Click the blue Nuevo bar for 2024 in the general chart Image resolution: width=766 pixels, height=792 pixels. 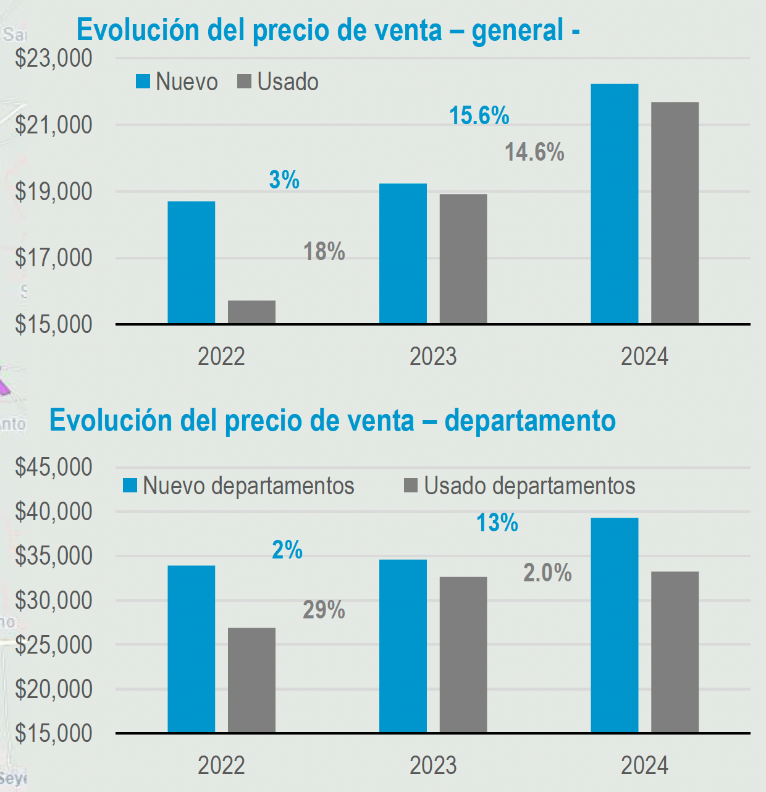pos(614,204)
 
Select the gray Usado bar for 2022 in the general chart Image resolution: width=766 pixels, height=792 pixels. pos(251,312)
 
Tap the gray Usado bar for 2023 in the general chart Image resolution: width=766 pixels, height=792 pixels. pos(463,259)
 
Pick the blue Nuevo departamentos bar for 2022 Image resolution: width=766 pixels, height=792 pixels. pos(192,649)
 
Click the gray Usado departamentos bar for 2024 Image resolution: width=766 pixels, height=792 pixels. pos(675,652)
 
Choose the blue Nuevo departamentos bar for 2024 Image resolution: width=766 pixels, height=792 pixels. pos(614,625)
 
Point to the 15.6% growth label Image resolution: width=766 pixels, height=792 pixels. pos(479,116)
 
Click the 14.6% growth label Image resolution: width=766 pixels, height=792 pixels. pos(534,152)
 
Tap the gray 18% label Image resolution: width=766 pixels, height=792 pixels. pos(324,251)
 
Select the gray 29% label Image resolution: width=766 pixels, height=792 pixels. pos(324,610)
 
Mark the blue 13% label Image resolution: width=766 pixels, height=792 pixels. pos(497,523)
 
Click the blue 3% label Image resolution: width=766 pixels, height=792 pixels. pos(284,180)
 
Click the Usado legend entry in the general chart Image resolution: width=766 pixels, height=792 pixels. pos(279,82)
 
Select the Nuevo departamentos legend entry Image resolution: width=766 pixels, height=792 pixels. pos(239,486)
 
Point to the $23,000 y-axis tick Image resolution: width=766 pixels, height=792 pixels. pos(54,58)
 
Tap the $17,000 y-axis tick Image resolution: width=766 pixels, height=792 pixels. pos(54,258)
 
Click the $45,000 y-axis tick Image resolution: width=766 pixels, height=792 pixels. pos(54,467)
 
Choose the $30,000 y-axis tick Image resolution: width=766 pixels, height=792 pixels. pos(54,600)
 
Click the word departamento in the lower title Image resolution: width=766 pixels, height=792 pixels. pos(530,421)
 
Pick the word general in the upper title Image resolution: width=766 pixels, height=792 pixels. pos(518,30)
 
